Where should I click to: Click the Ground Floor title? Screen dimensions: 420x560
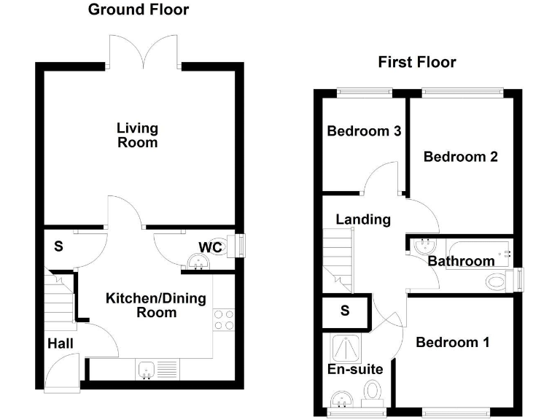138,9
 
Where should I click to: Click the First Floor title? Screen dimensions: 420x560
416,62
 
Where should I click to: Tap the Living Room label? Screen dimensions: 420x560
137,136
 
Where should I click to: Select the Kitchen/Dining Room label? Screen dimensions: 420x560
156,305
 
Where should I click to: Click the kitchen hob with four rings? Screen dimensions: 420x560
222,320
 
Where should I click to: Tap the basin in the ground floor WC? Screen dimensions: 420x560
196,262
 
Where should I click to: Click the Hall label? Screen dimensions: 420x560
61,343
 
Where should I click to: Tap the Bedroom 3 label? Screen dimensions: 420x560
364,131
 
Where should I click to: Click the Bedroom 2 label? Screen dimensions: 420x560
460,156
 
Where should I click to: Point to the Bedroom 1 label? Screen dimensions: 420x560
452,341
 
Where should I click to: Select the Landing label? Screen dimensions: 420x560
362,219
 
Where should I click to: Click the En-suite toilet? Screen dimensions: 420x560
374,391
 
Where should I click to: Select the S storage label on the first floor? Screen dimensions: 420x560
345,311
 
